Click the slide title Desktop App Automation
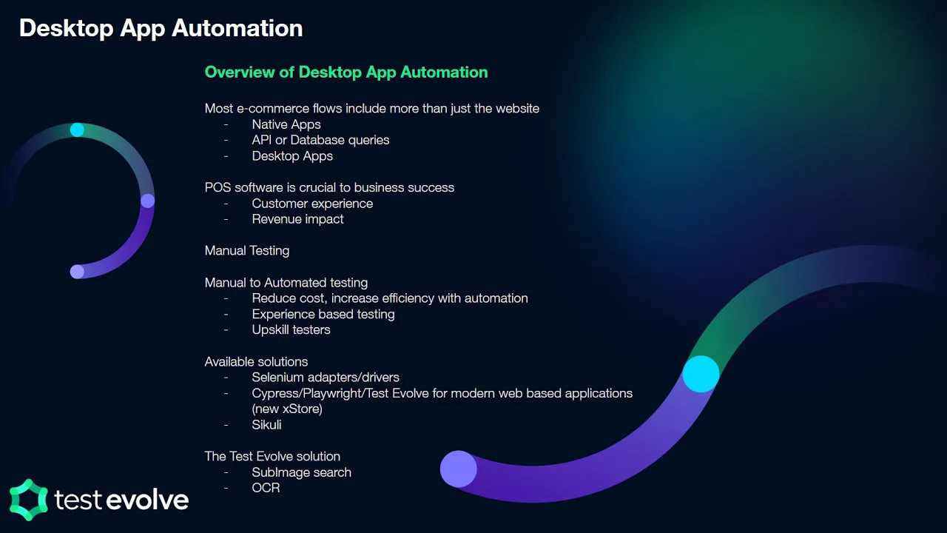coord(161,28)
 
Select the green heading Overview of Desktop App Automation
coord(346,73)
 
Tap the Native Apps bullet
coord(286,124)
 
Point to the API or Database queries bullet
coord(320,140)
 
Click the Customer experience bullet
coord(311,204)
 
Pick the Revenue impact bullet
coord(297,219)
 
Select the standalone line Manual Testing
coord(246,251)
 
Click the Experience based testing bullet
coord(323,314)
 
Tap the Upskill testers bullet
coord(291,329)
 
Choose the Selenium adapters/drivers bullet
coord(325,378)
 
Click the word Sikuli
coord(266,425)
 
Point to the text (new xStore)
coord(286,409)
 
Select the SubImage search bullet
coord(301,472)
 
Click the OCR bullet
coord(266,488)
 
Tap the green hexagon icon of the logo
coord(28,499)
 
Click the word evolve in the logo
coord(146,500)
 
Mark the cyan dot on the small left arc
coord(77,130)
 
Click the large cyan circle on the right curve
coord(701,374)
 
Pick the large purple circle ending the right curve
coord(459,469)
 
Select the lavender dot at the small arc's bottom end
coord(77,272)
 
